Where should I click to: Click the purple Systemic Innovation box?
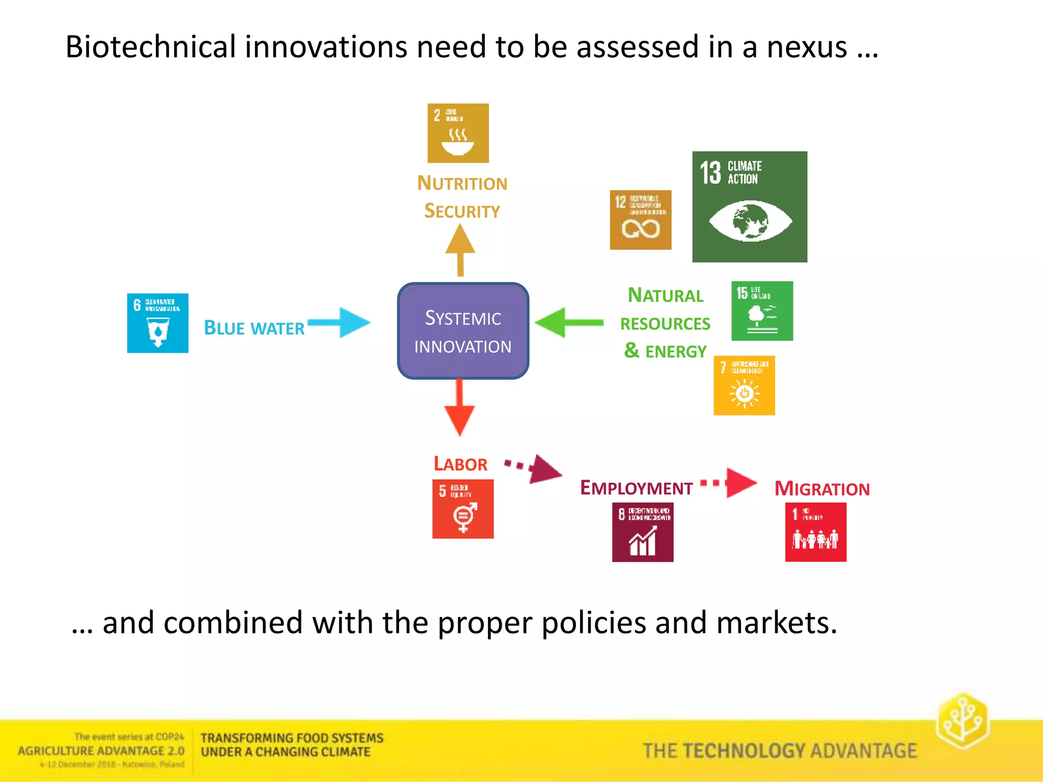463,331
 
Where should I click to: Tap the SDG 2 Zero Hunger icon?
458,133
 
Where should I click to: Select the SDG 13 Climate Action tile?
749,207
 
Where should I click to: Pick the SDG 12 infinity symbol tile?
640,220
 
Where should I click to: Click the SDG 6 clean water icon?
157,323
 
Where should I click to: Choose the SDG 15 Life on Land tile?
762,311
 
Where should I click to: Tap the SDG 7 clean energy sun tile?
744,385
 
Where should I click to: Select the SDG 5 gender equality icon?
462,509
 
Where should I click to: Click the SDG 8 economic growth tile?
642,532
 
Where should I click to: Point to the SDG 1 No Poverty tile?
815,532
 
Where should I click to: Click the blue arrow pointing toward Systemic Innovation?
339,322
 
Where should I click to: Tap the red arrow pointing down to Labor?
459,407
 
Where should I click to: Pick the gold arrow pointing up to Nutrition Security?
460,249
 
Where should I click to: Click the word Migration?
822,489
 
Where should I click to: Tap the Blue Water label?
254,328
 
